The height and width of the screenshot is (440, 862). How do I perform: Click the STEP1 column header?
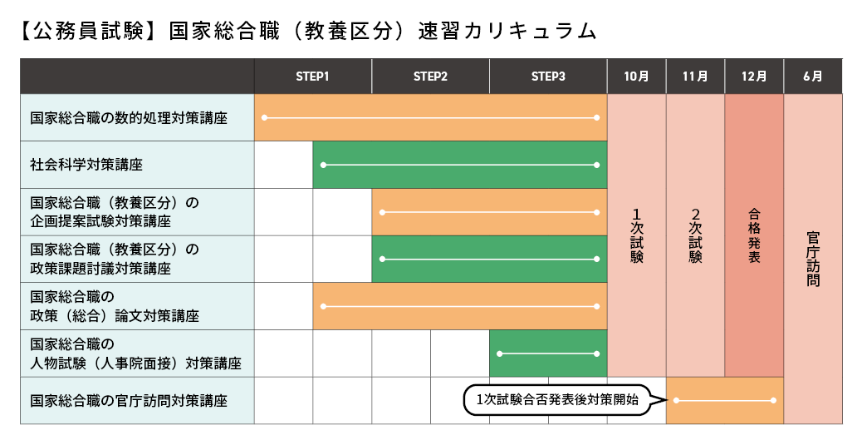pos(312,77)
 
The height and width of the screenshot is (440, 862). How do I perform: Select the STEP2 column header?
pos(430,77)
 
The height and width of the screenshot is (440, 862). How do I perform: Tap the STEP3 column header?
pos(548,77)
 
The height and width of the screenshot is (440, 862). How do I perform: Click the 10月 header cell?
pos(636,77)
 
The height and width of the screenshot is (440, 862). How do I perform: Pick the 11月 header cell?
pos(695,77)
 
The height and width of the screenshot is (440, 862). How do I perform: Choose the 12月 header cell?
pos(754,77)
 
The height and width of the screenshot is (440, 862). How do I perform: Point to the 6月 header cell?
pos(813,77)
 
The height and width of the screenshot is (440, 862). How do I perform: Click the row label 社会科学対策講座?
pos(86,165)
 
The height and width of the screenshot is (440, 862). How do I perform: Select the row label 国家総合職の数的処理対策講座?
pos(129,118)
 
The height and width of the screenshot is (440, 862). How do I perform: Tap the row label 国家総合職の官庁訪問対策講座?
pos(129,401)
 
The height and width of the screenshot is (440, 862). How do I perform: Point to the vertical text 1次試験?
pos(636,235)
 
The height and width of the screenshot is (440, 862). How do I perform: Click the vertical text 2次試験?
pos(695,235)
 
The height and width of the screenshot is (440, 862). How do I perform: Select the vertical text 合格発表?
pos(754,235)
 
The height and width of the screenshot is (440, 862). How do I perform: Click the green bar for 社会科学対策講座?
pos(460,165)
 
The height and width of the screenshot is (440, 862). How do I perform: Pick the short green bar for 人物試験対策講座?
pos(548,353)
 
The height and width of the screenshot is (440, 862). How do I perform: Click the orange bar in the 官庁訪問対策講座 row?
pos(725,401)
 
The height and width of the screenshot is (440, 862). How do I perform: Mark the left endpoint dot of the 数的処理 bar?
pos(264,118)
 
